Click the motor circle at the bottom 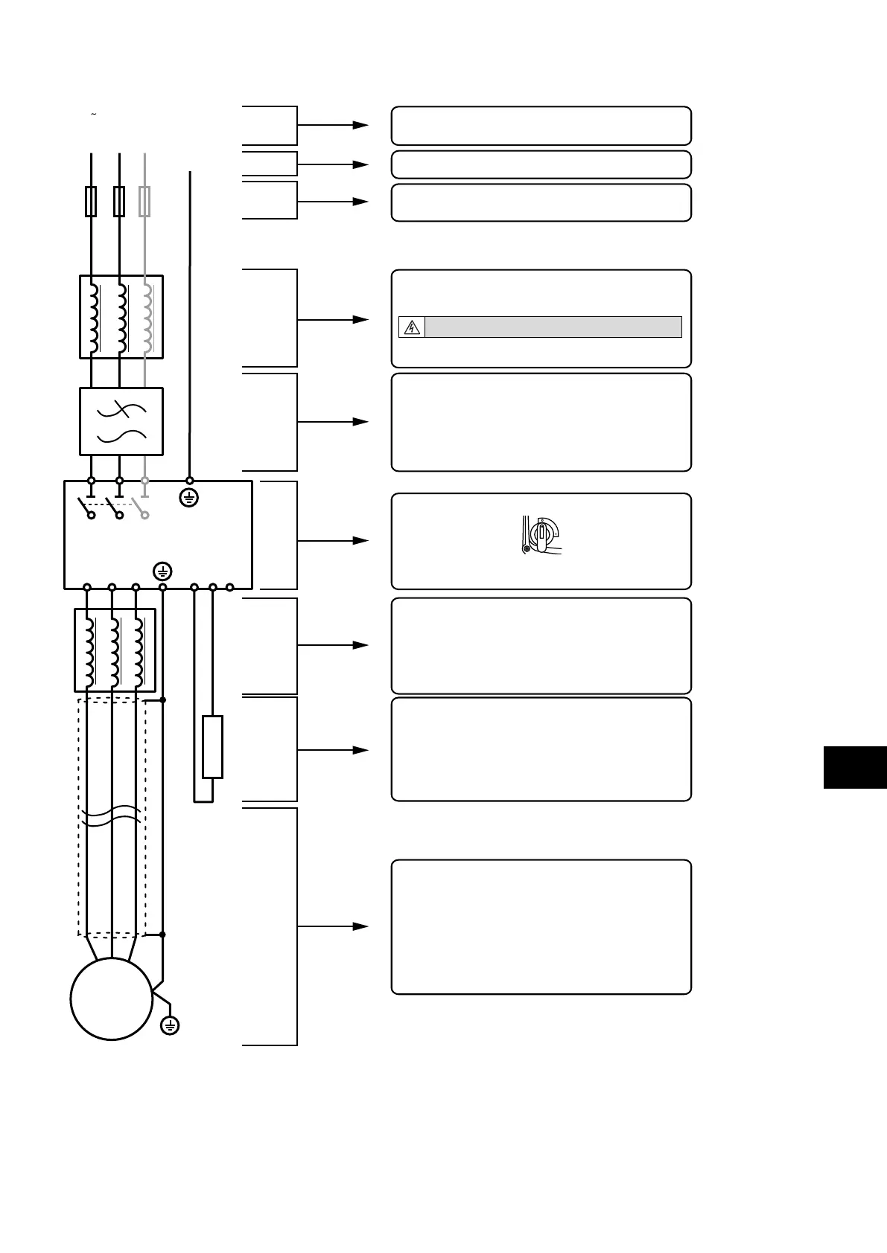point(111,999)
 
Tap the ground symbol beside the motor point(170,1026)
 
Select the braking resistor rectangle point(212,747)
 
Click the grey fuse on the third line point(145,202)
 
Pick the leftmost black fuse point(91,202)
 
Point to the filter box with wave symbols point(121,421)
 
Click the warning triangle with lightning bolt point(412,327)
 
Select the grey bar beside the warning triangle point(553,327)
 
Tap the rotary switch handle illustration point(542,535)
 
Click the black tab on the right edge point(855,767)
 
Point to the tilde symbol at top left point(93,115)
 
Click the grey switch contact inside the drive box point(139,507)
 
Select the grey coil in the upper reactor point(147,317)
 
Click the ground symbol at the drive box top point(189,498)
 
